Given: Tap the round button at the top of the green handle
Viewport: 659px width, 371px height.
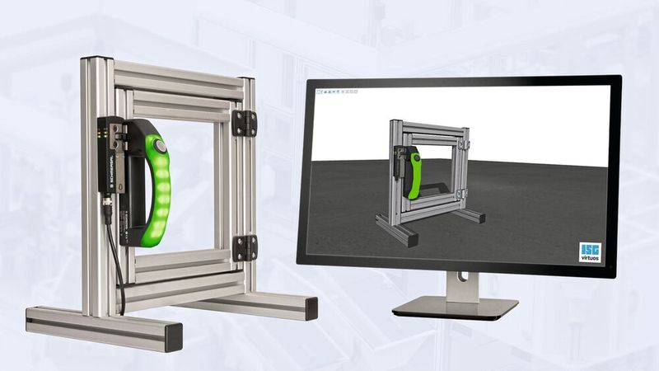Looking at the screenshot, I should [x=161, y=147].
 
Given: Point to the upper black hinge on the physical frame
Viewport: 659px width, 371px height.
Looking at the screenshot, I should [x=243, y=122].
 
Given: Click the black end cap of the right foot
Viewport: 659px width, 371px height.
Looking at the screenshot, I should [x=311, y=308].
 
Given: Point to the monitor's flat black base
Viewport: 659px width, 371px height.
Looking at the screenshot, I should [x=455, y=308].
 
